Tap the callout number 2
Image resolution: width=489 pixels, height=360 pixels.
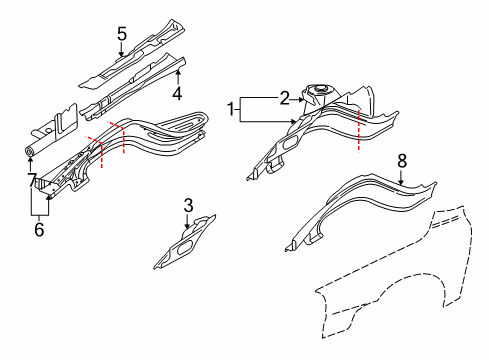tap(283, 97)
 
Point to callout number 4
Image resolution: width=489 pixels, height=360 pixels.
tap(176, 95)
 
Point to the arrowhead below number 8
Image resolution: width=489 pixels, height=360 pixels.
tap(401, 181)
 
